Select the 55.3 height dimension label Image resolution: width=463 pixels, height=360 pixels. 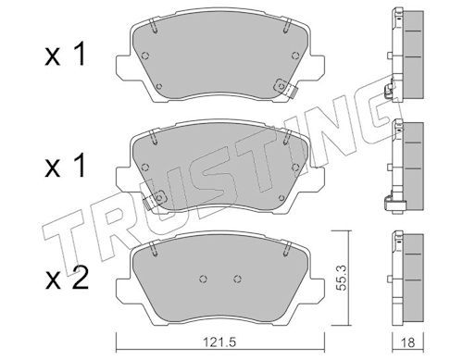[340, 279]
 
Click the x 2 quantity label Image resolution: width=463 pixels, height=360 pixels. [66, 279]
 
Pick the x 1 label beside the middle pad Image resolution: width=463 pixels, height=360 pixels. [64, 167]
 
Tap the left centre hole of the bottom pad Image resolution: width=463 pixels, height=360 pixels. [203, 279]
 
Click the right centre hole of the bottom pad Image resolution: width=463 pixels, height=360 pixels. [237, 279]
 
